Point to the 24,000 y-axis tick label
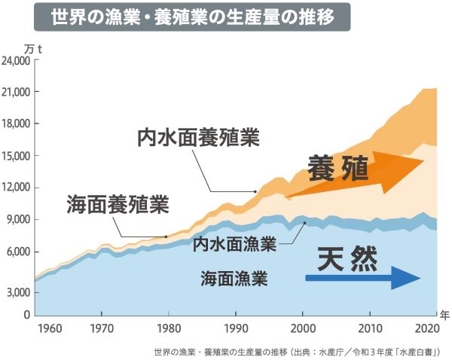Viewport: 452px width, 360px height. click(17, 60)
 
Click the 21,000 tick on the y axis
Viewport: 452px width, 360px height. click(17, 92)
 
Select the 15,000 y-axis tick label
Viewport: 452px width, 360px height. click(17, 156)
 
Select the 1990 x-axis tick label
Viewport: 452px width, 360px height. click(236, 328)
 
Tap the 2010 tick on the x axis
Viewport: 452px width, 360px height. click(369, 328)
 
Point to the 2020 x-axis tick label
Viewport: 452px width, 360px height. click(426, 328)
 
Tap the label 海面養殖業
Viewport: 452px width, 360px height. click(118, 203)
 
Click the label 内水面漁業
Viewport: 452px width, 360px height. click(234, 245)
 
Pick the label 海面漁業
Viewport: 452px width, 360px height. click(234, 279)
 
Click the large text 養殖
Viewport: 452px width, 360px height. click(338, 169)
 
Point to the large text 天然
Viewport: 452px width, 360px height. click(347, 260)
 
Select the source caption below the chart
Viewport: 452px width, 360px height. click(296, 351)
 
